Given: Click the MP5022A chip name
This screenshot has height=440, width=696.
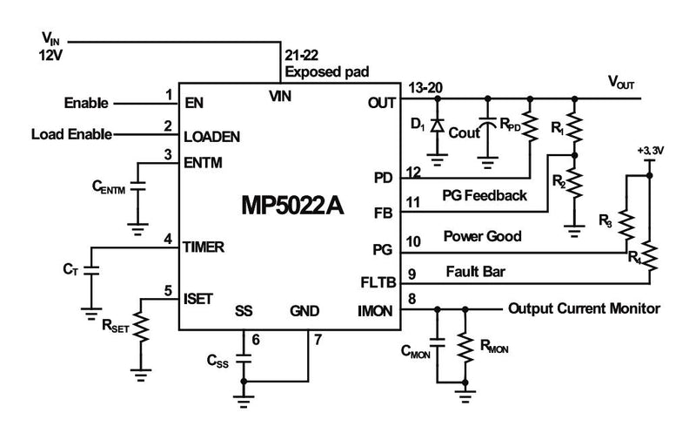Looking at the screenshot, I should pyautogui.click(x=292, y=206).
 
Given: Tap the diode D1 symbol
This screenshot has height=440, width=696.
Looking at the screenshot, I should pyautogui.click(x=438, y=127).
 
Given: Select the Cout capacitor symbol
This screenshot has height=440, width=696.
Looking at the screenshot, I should pyautogui.click(x=487, y=128).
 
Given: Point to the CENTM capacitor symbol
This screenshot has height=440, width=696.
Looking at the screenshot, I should pyautogui.click(x=137, y=186).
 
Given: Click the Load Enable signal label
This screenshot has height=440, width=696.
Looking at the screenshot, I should pyautogui.click(x=71, y=135).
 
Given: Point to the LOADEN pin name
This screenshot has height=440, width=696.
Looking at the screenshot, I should pyautogui.click(x=212, y=137).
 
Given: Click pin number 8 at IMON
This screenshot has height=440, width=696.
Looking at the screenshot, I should pyautogui.click(x=411, y=300).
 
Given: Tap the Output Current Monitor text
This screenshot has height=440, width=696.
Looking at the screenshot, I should pyautogui.click(x=583, y=308).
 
